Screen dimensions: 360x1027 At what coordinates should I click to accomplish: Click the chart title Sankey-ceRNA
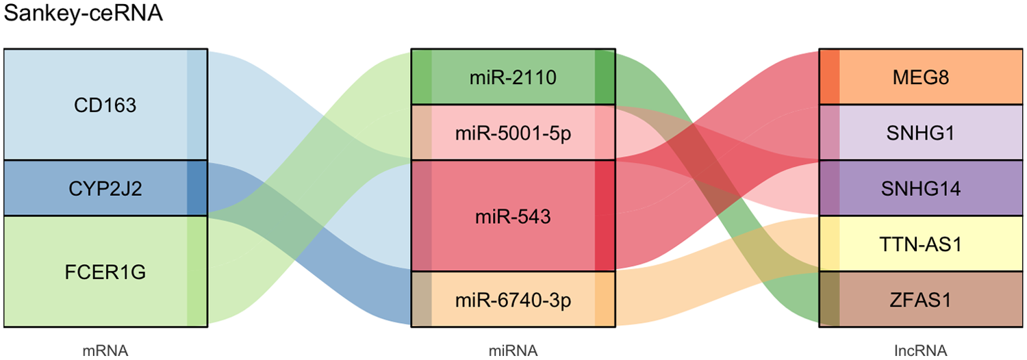[x=83, y=14]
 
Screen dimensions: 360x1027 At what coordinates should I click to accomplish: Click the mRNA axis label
[x=105, y=351]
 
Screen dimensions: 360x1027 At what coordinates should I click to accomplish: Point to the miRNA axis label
[x=513, y=351]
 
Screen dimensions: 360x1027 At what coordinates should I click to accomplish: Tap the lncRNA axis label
[x=922, y=351]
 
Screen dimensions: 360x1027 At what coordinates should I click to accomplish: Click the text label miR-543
[x=513, y=216]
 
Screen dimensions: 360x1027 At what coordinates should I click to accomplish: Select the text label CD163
[x=105, y=105]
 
